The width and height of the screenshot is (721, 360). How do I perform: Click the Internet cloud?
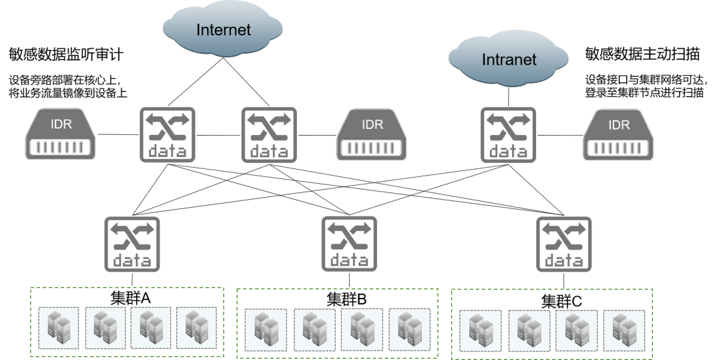click(223, 29)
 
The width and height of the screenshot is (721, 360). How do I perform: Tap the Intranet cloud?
click(509, 59)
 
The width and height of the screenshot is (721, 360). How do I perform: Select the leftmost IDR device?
click(61, 134)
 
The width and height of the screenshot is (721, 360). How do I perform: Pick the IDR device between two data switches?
click(373, 134)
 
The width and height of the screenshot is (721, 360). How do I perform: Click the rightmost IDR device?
click(620, 134)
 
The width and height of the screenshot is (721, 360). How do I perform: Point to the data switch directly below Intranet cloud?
click(508, 135)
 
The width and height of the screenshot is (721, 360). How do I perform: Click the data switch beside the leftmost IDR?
click(168, 135)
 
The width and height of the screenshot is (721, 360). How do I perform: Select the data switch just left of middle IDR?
click(269, 135)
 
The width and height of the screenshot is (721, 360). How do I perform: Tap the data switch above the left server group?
click(132, 244)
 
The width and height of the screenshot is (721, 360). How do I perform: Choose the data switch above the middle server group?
click(349, 244)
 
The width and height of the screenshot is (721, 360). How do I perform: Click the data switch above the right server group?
click(564, 244)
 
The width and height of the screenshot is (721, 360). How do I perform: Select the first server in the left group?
click(59, 327)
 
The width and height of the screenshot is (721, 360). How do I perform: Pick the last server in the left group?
click(197, 327)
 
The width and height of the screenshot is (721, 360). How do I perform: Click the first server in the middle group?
click(266, 330)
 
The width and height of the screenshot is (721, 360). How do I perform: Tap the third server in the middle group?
click(361, 330)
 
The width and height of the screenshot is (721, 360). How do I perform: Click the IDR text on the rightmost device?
click(620, 125)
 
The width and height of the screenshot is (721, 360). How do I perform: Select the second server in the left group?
click(105, 327)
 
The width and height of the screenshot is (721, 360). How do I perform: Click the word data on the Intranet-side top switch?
click(508, 152)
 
